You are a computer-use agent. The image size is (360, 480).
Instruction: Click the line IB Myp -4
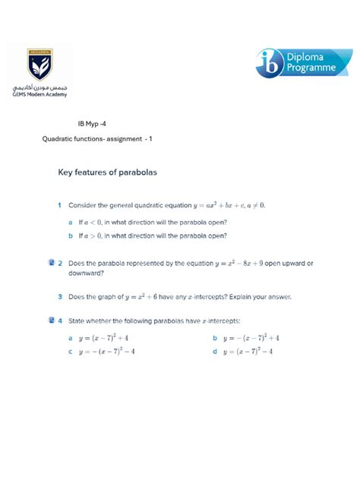(x=96, y=122)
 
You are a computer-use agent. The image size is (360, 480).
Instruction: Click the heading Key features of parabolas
(x=107, y=173)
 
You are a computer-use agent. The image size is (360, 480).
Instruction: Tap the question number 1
(x=59, y=205)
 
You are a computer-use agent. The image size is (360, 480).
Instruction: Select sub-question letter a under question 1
(x=70, y=223)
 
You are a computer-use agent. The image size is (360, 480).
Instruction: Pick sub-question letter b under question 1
(x=70, y=235)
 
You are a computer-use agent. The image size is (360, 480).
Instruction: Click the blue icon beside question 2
(x=50, y=263)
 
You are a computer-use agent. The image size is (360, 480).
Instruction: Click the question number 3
(x=59, y=297)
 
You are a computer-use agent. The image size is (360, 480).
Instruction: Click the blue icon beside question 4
(x=50, y=321)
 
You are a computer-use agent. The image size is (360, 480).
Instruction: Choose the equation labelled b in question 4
(x=251, y=338)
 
